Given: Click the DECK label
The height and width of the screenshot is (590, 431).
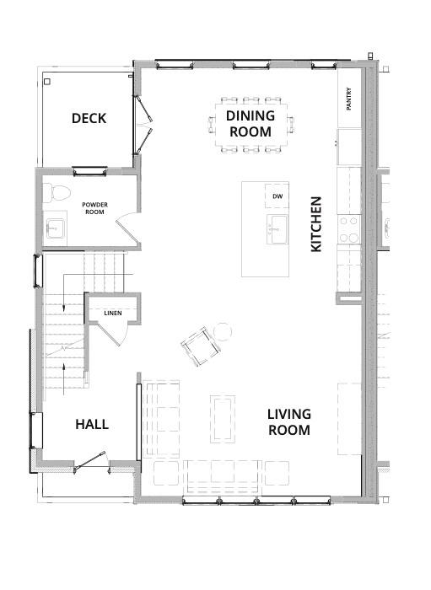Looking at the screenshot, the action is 89,118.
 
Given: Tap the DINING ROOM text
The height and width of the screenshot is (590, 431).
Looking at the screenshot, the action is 251,123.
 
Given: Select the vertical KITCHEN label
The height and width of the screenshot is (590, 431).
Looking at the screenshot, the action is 316,224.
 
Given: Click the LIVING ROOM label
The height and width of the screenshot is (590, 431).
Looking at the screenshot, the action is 289,421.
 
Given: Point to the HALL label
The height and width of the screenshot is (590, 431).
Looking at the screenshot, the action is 92,425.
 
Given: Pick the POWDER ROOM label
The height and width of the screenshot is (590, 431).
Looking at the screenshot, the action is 94,208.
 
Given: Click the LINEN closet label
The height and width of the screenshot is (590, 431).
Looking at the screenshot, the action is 113,313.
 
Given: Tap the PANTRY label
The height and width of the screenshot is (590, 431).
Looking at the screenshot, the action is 348,99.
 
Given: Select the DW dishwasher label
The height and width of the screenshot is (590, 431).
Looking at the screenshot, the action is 277,196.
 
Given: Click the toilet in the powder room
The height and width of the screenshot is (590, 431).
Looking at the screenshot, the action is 57,193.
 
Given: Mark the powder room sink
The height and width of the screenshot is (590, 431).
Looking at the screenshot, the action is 56,228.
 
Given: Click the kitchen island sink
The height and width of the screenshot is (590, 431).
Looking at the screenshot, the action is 277,229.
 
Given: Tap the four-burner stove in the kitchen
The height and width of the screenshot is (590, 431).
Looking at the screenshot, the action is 349,229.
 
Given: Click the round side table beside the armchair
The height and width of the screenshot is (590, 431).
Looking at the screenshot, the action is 223,332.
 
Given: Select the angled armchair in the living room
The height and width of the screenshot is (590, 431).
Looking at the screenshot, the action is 200,346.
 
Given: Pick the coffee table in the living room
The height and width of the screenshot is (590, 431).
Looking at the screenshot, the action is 223,418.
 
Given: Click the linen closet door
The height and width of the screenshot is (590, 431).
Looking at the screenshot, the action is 110,333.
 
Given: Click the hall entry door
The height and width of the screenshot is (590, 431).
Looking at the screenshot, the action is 89,461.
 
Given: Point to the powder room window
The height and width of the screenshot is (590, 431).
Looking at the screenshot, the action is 90,172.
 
